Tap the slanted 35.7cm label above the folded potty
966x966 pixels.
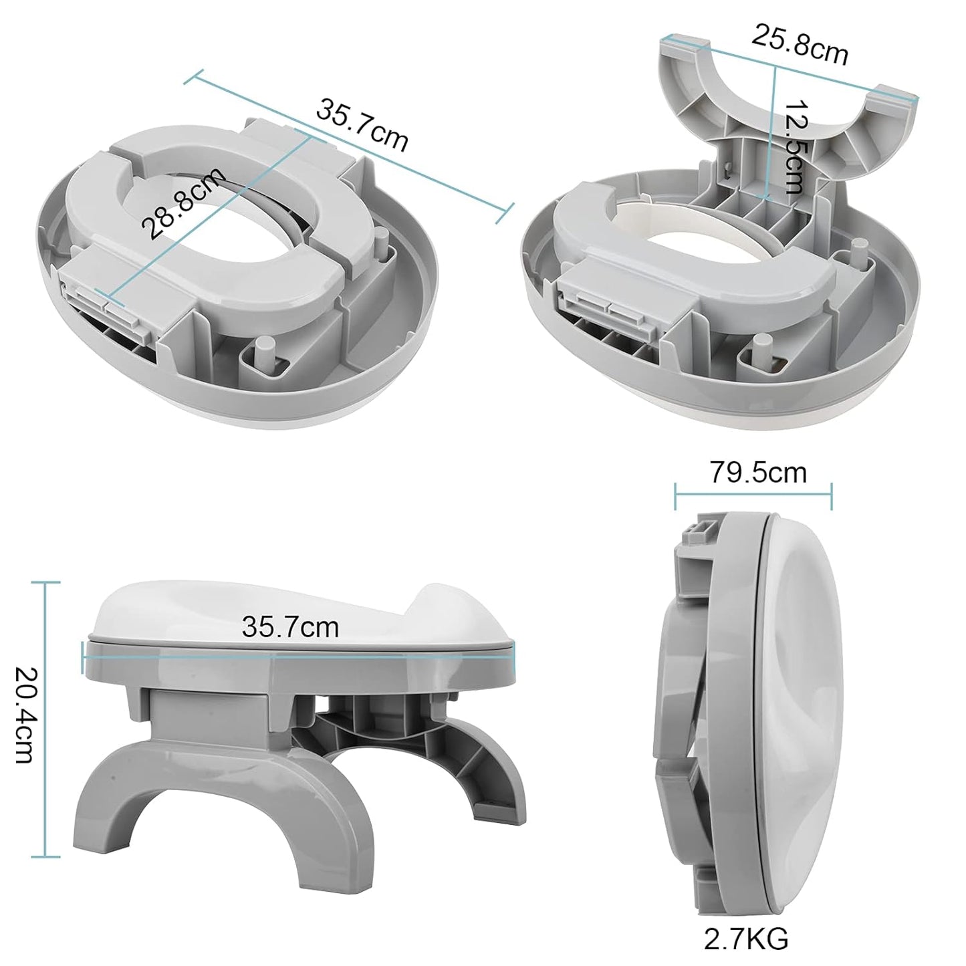362,125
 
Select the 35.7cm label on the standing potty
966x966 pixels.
290,626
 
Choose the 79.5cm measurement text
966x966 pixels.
757,473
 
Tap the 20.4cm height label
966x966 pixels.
23,715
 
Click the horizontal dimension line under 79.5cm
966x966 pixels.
753,496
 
